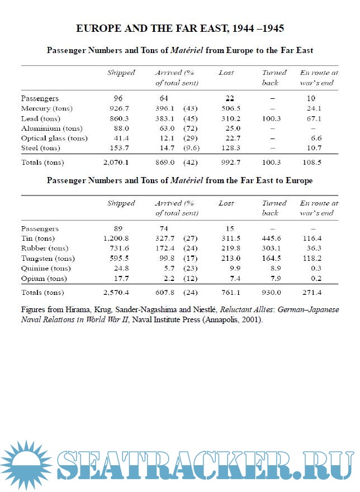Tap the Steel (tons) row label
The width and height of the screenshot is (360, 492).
click(40, 148)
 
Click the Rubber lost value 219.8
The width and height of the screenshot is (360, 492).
click(230, 249)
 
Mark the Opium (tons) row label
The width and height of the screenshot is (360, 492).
click(44, 279)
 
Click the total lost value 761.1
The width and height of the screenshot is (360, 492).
click(230, 293)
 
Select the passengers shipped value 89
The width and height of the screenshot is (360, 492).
click(118, 228)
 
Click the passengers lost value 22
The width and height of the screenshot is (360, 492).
click(229, 98)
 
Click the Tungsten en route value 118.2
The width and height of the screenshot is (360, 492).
click(316, 259)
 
